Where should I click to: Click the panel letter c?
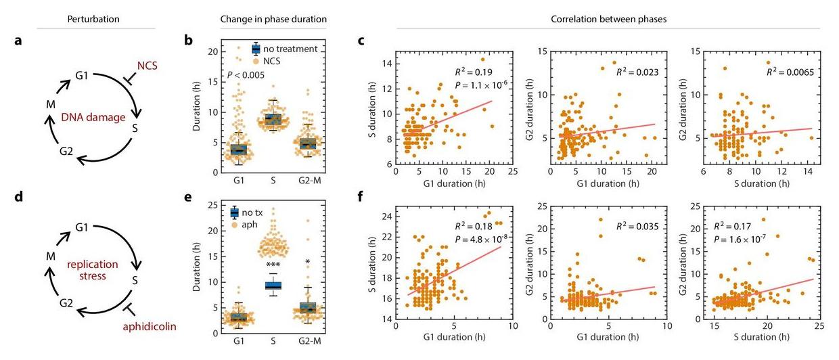click(362, 41)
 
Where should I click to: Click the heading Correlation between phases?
click(608, 19)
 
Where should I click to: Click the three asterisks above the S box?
click(273, 265)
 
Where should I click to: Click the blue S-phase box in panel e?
click(273, 285)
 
